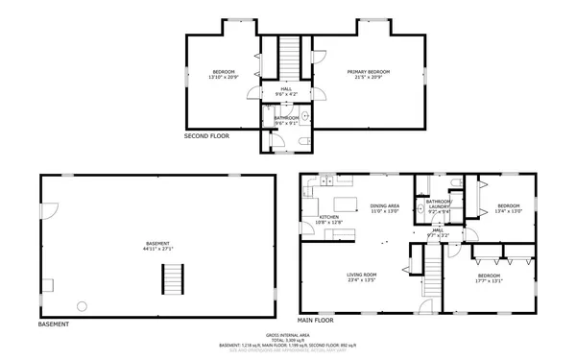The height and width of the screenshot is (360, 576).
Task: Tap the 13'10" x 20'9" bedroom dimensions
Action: pos(224,77)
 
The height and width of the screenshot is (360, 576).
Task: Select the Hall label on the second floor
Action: pos(286,89)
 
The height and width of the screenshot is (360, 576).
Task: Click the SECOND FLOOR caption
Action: pos(206,136)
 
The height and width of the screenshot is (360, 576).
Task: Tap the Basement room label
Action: pos(158,243)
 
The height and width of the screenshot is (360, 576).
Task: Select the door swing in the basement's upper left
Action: pos(54,208)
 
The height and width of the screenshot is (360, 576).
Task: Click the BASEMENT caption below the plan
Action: pos(54,324)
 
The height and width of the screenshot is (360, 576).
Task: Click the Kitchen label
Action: pos(329,217)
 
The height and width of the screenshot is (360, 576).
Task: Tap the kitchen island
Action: pos(346,203)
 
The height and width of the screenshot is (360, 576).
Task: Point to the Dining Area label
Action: pos(384,205)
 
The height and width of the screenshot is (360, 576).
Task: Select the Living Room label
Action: pos(361,276)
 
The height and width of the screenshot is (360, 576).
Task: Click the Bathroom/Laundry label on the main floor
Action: pos(439,204)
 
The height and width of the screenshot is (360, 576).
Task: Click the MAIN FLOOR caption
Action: pos(315,319)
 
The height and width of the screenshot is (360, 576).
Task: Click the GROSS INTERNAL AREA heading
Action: pos(287,334)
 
